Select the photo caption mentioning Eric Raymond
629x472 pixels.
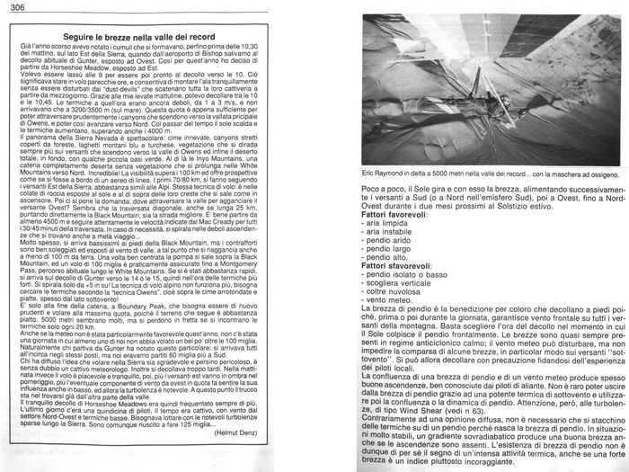pos(477,222)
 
